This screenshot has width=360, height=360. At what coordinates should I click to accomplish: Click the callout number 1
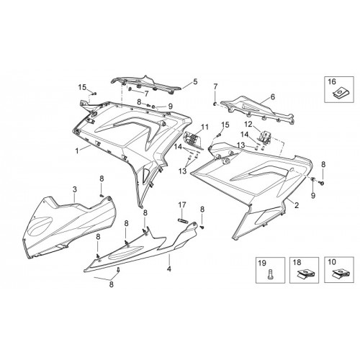pyautogui.click(x=77, y=151)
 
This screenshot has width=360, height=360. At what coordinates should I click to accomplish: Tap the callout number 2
pyautogui.click(x=297, y=205)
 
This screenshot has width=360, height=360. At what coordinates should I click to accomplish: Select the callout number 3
pyautogui.click(x=75, y=189)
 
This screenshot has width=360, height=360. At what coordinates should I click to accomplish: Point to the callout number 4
pyautogui.click(x=169, y=269)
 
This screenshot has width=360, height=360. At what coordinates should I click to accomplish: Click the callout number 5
pyautogui.click(x=195, y=81)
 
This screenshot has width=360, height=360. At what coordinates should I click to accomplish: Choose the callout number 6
pyautogui.click(x=272, y=97)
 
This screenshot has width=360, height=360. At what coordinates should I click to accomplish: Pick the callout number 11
pyautogui.click(x=205, y=127)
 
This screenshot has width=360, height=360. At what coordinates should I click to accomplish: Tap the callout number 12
pyautogui.click(x=248, y=125)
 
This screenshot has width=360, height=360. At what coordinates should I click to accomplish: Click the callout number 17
pyautogui.click(x=182, y=205)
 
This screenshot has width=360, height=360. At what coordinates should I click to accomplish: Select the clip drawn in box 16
pyautogui.click(x=339, y=92)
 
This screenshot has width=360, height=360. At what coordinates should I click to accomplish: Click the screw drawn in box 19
pyautogui.click(x=269, y=275)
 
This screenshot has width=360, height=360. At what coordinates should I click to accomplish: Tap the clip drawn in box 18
pyautogui.click(x=304, y=274)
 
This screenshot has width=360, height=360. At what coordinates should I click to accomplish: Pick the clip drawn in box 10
pyautogui.click(x=338, y=274)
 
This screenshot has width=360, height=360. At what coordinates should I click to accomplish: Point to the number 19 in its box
pyautogui.click(x=262, y=263)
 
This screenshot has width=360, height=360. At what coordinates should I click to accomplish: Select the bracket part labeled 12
pyautogui.click(x=265, y=138)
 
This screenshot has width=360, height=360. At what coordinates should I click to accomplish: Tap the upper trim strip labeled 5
pyautogui.click(x=145, y=84)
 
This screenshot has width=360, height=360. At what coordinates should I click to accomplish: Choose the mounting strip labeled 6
pyautogui.click(x=258, y=110)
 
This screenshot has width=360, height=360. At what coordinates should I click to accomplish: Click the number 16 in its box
pyautogui.click(x=332, y=81)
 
